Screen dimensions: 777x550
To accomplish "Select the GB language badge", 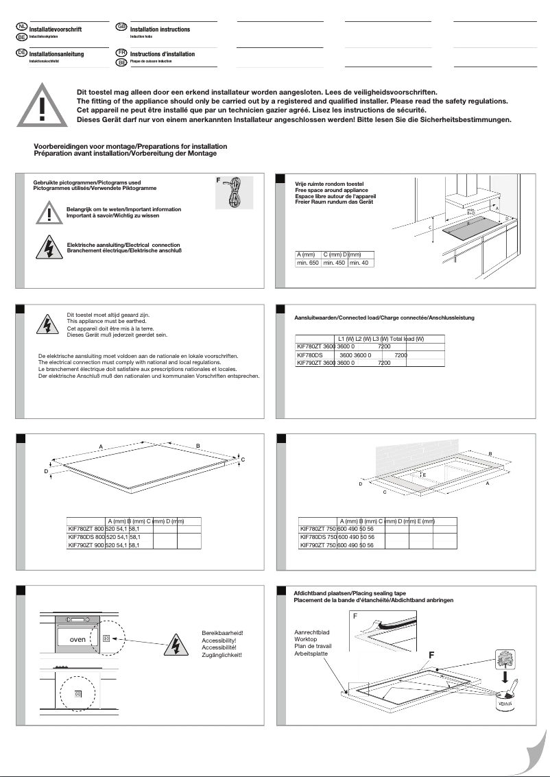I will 121,27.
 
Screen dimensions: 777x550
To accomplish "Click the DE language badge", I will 21,52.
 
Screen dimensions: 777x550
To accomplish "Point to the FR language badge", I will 121,52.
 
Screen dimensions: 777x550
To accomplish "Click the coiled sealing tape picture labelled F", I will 235,193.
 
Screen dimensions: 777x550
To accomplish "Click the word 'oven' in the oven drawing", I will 72,639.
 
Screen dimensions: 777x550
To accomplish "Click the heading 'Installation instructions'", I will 160,29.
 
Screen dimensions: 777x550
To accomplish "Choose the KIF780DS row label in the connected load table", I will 309,356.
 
